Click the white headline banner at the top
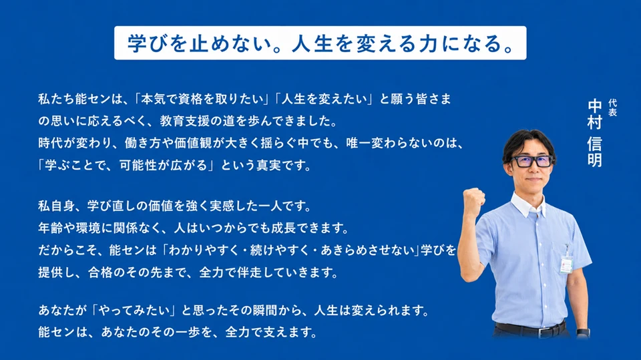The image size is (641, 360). pyautogui.click(x=320, y=43)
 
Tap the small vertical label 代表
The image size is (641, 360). pyautogui.click(x=612, y=108)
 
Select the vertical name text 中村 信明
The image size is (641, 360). pyautogui.click(x=595, y=134)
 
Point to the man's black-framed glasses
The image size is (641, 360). pyautogui.click(x=532, y=161)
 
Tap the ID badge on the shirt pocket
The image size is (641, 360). pyautogui.click(x=566, y=264)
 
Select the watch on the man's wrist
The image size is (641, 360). pyautogui.click(x=584, y=333)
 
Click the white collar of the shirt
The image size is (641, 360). pyautogui.click(x=528, y=205)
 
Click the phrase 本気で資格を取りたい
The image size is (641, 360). pyautogui.click(x=202, y=99)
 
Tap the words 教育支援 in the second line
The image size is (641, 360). pyautogui.click(x=184, y=121)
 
